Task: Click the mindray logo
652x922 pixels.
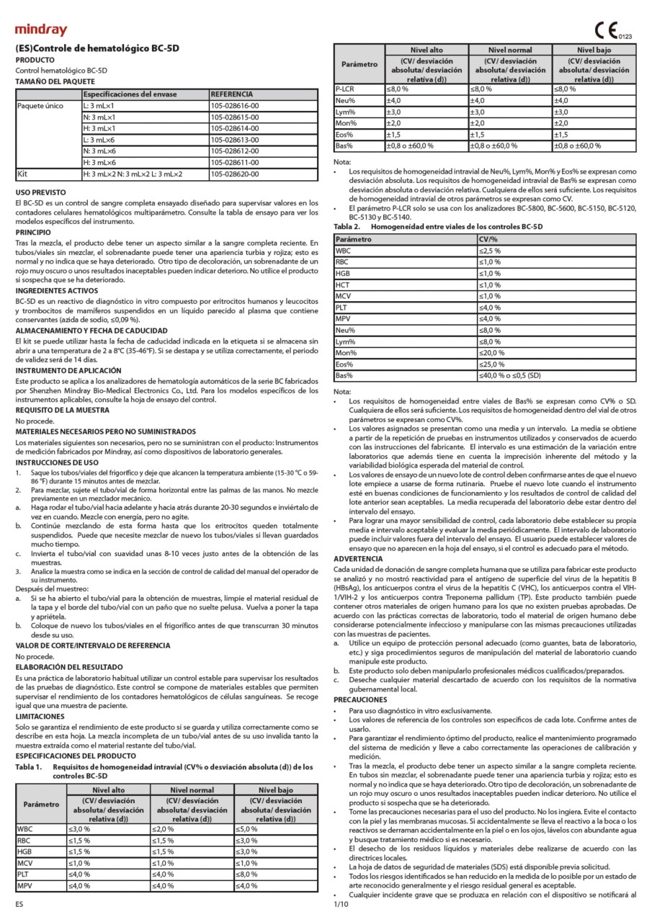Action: point(40,30)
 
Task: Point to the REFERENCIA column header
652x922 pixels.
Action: point(231,94)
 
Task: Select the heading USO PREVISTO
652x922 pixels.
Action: point(41,193)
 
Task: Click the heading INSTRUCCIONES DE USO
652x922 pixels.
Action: point(57,462)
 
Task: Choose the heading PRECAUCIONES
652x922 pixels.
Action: point(361,699)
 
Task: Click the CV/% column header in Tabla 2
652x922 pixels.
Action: point(488,238)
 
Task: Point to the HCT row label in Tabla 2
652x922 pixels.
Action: point(344,285)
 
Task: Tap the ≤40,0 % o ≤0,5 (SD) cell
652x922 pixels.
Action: point(510,376)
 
